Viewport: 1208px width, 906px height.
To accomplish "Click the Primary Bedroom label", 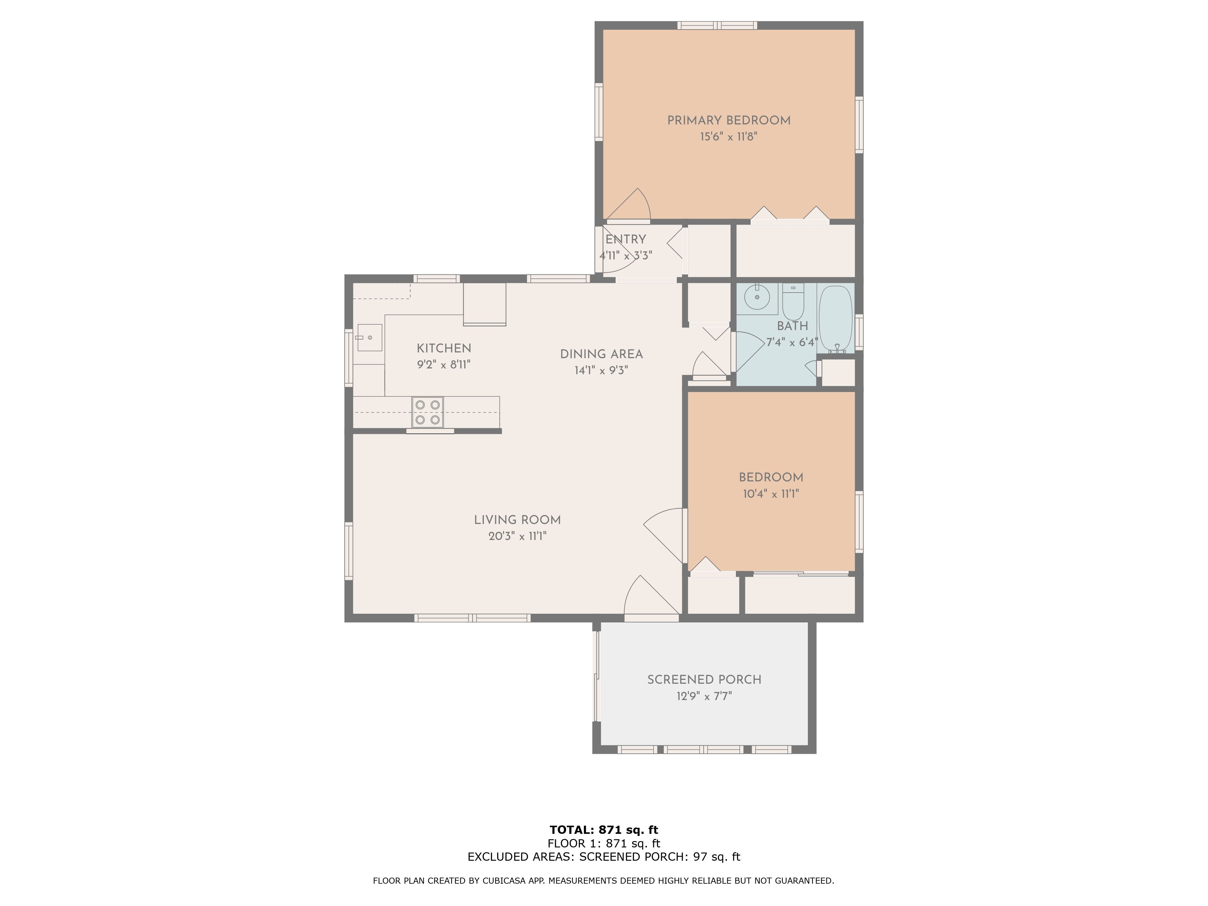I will (728, 121).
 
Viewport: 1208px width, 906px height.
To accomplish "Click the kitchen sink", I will (370, 338).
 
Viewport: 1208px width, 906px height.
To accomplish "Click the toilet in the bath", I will (793, 304).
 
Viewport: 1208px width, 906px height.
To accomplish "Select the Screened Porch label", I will (704, 680).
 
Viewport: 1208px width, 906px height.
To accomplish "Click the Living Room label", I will (517, 520).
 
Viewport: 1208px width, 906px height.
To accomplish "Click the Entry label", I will (625, 239).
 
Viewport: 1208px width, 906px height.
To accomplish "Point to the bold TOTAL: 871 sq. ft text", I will (603, 830).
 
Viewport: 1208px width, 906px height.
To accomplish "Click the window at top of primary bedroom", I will (717, 25).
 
